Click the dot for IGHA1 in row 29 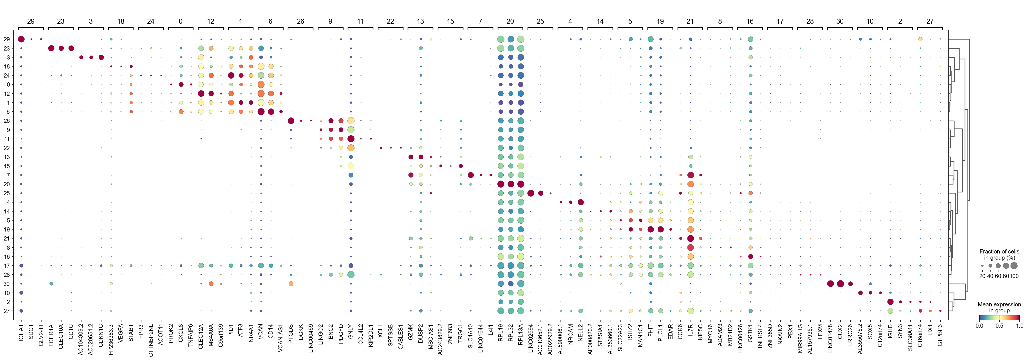[21, 39]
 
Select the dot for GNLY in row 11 [351, 139]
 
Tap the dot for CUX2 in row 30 [840, 284]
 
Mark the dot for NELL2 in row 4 [580, 202]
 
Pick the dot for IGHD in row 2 [890, 302]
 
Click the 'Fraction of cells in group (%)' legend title [999, 254]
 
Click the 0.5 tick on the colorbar [999, 325]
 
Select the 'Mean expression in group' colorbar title [999, 307]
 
